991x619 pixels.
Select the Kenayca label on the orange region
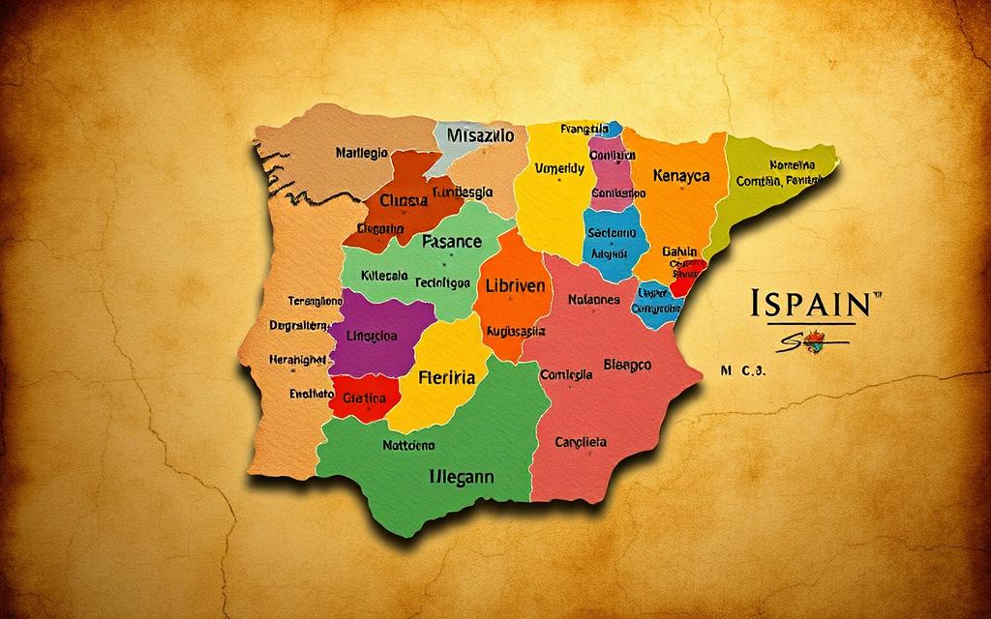coord(681,176)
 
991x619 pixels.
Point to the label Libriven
coord(513,287)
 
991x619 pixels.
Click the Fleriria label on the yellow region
coord(445,378)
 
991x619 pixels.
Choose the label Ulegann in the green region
coord(461,476)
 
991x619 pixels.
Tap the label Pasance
coord(451,241)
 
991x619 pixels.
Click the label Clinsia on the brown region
coord(403,202)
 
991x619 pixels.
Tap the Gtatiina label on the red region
coord(365,398)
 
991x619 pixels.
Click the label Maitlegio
coord(361,153)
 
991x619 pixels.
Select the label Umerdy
coord(559,168)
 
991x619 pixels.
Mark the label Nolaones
coord(593,300)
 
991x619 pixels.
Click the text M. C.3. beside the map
coord(743,368)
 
